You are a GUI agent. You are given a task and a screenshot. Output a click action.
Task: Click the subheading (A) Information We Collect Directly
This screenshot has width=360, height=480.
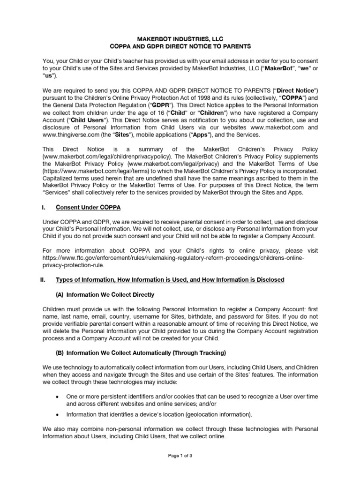(x=105, y=295)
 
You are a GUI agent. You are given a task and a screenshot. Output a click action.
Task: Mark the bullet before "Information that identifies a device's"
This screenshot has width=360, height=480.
(x=57, y=414)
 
